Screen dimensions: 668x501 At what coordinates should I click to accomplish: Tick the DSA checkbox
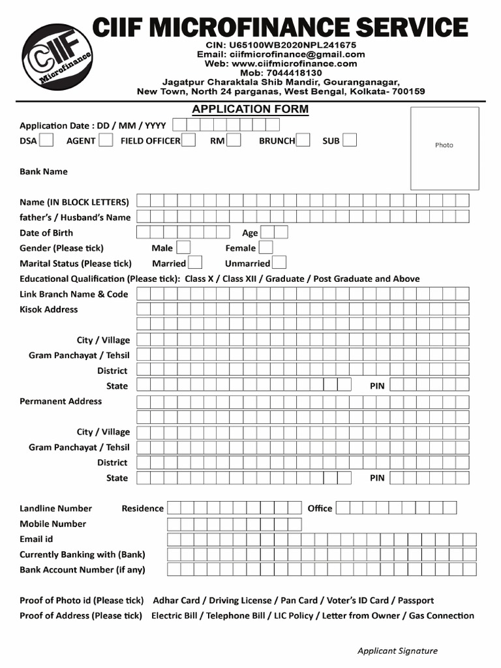coord(46,140)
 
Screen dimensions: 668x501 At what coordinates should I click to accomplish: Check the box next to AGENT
coord(106,140)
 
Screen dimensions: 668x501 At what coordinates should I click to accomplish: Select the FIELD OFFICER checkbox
coord(189,140)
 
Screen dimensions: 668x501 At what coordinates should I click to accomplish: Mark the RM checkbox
coord(234,140)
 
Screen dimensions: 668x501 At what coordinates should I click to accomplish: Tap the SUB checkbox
coord(350,140)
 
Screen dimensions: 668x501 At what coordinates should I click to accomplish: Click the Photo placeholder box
coord(444,148)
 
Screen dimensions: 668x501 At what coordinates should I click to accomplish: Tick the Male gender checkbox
coord(183,248)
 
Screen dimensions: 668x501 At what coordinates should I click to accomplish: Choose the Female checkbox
coord(266,248)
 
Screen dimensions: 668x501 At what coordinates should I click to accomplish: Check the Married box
coord(194,263)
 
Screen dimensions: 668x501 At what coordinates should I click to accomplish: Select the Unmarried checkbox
coord(279,263)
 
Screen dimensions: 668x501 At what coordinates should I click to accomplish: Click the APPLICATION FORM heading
coord(250,109)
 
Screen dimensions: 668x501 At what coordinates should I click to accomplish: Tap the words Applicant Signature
coord(397,650)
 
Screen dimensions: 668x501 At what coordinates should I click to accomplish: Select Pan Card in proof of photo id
coord(299,600)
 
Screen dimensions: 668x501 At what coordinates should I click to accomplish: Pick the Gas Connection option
coord(442,615)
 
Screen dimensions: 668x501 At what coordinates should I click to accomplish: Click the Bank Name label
coord(44,172)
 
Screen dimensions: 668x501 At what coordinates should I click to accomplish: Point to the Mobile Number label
coord(53,523)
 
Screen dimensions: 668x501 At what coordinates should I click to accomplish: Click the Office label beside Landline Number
coord(320,508)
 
